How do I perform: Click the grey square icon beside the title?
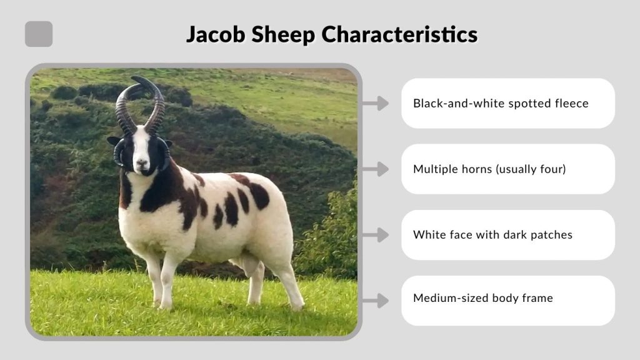coord(39,34)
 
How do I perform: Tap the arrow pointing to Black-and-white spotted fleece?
coord(376,103)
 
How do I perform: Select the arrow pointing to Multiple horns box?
coord(376,169)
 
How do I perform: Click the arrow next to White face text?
coord(376,235)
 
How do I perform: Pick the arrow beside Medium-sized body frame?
coord(376,301)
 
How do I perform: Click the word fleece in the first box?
coord(571,103)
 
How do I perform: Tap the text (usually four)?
coord(531,169)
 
